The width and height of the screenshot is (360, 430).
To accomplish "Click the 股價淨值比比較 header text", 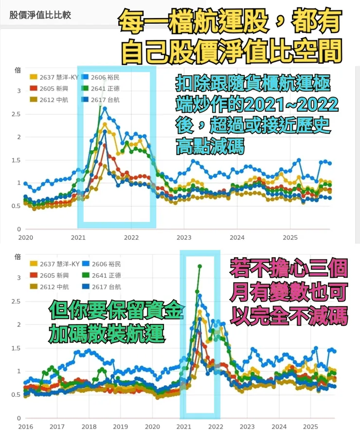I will point(40,15).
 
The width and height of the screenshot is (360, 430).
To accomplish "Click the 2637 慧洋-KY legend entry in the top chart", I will point(54,77).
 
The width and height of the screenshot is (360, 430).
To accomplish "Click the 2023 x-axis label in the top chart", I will point(184,237).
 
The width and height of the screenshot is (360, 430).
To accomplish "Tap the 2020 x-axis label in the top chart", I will point(25,237).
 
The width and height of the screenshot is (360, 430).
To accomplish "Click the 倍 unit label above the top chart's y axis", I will point(18,71).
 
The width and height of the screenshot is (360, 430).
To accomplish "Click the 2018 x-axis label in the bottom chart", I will point(89,426).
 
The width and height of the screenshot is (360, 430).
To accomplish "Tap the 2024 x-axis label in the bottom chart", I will point(279,426).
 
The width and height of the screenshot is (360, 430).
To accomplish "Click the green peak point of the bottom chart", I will point(199,266).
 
